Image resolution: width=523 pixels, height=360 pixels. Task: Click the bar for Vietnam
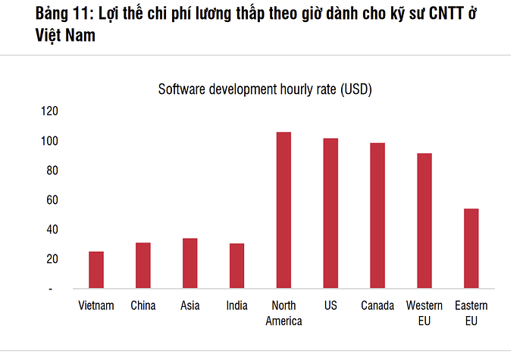pos(96,270)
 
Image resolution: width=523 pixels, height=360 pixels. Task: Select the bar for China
pos(143,265)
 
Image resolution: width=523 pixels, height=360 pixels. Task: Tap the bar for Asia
pos(189,263)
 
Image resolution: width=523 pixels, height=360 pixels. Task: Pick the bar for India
pos(236,266)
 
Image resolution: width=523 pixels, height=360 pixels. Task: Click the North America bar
pos(283,210)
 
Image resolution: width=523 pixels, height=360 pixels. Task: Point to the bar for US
pos(330,213)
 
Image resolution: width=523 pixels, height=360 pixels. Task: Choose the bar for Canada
pos(377,215)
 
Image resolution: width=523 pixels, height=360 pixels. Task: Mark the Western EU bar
pos(424,221)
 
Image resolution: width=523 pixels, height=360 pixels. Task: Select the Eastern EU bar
pos(471,248)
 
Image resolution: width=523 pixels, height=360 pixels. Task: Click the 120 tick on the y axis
pos(49,111)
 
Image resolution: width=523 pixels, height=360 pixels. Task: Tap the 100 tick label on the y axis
pos(49,141)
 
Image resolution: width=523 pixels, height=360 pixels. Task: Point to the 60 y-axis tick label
pos(52,200)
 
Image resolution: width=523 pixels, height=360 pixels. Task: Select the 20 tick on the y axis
pos(52,259)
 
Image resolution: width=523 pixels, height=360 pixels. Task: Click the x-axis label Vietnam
pos(96,306)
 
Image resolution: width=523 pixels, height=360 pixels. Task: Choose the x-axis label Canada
pos(377,306)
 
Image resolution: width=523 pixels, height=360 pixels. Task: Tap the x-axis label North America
pos(283,313)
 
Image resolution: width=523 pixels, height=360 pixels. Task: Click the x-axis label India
pos(236,306)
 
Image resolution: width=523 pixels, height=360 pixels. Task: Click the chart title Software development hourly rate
pos(265,89)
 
